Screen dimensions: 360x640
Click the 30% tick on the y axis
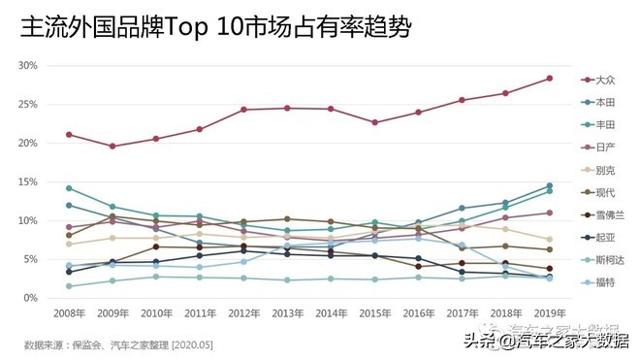coord(29,65)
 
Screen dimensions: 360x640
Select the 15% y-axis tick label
coord(29,181)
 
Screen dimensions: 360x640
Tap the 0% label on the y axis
coord(32,298)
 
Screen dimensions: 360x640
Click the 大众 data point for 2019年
coord(549,78)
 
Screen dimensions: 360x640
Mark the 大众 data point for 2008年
coord(69,134)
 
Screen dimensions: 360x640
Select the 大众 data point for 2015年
coord(374,122)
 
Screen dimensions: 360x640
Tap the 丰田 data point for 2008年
coord(69,187)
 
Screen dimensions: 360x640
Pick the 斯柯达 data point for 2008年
coord(69,286)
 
